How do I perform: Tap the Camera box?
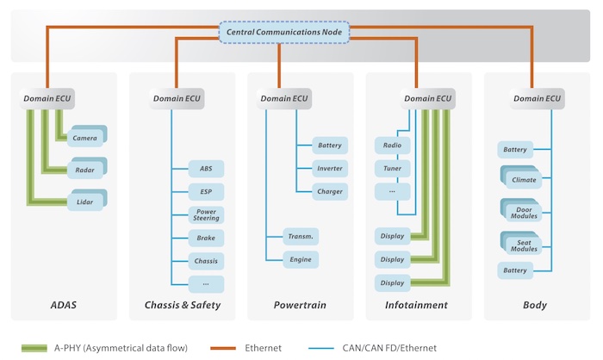84,138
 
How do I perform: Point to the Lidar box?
84,201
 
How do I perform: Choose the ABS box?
206,169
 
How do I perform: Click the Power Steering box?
206,214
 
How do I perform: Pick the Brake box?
206,237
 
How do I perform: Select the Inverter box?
329,169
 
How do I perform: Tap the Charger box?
329,191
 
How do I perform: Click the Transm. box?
301,236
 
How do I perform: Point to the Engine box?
301,259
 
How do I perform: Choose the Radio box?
392,146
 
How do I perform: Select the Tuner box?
392,168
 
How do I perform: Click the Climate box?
523,180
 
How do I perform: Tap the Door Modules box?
523,211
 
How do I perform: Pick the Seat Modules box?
523,243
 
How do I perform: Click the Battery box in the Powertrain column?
329,146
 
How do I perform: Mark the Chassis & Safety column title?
182,305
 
